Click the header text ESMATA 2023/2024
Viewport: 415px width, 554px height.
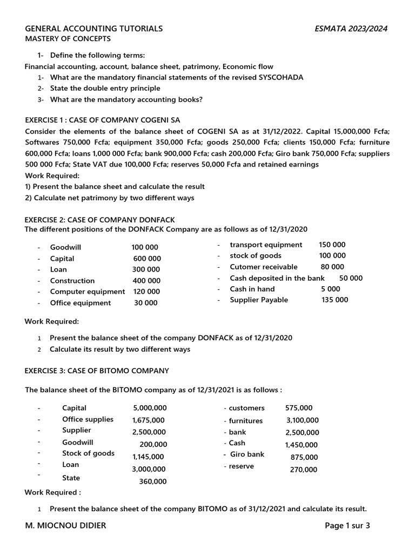(x=351, y=29)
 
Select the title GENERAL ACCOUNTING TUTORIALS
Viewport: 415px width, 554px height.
(x=94, y=29)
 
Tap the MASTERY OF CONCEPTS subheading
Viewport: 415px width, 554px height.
(x=68, y=39)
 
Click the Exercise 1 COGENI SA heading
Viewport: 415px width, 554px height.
(x=103, y=120)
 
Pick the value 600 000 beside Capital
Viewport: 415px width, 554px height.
(x=147, y=259)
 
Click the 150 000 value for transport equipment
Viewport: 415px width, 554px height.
(x=332, y=245)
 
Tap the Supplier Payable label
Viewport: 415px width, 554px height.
(x=259, y=300)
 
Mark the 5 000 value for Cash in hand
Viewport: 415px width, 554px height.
(x=330, y=289)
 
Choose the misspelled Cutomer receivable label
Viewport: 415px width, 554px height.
(x=263, y=267)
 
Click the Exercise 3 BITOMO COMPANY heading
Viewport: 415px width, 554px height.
(x=97, y=371)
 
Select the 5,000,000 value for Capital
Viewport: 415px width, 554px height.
(x=150, y=408)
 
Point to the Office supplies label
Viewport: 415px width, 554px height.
(x=88, y=419)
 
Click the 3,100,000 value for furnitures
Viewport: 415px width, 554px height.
(x=302, y=420)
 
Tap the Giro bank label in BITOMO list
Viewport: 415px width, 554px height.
(x=247, y=454)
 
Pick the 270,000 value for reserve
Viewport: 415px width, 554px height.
(x=304, y=470)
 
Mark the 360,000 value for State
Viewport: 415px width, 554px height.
(x=153, y=481)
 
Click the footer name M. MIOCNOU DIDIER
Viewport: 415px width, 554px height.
(x=65, y=525)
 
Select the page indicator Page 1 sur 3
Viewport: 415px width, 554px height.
(x=347, y=525)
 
